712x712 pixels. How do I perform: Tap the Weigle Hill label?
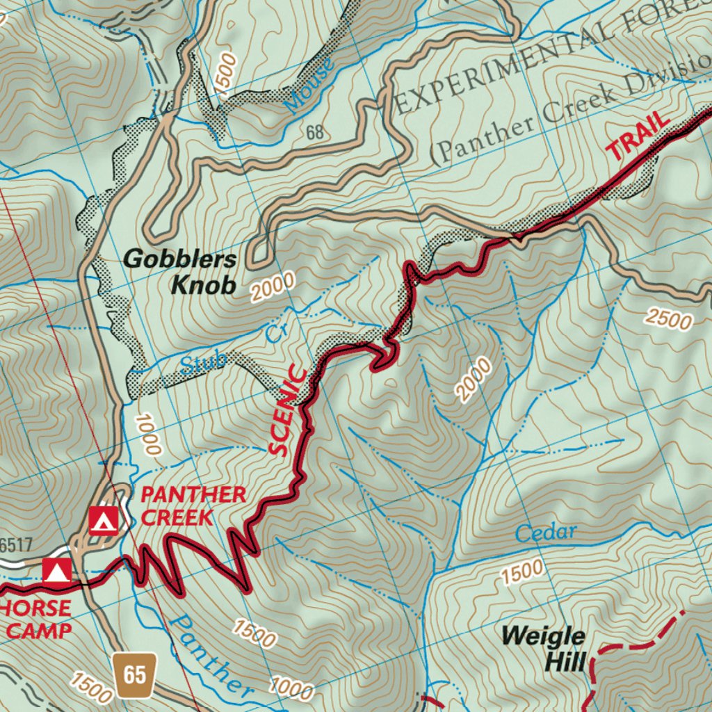[x=543, y=648]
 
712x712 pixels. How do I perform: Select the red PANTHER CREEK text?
[x=193, y=505]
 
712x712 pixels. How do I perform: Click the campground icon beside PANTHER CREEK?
[x=104, y=519]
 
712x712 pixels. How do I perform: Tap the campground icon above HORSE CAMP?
[x=56, y=571]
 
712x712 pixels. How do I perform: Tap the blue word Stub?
[x=204, y=362]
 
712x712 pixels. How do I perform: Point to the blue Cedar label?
[x=546, y=533]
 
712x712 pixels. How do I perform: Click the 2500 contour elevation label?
[x=668, y=319]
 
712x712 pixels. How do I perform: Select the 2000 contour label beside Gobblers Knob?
[x=273, y=286]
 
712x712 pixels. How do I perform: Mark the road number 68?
[x=315, y=132]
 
